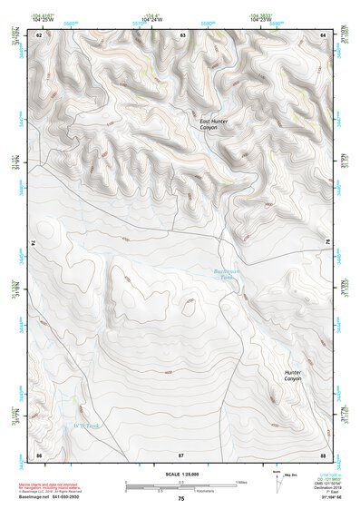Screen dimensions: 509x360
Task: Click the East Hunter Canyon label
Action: [x=214, y=123]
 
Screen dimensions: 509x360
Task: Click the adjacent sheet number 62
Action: [x=39, y=34]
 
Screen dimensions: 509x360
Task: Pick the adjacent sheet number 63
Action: [x=182, y=34]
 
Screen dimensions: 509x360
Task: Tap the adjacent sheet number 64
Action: [x=323, y=34]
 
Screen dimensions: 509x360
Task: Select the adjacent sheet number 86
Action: [x=39, y=454]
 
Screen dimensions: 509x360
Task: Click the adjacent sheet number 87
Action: [x=181, y=454]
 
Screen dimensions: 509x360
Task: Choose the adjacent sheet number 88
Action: [x=323, y=454]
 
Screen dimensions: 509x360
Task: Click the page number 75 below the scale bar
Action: [x=180, y=499]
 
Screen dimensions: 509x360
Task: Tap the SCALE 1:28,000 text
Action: [x=180, y=474]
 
